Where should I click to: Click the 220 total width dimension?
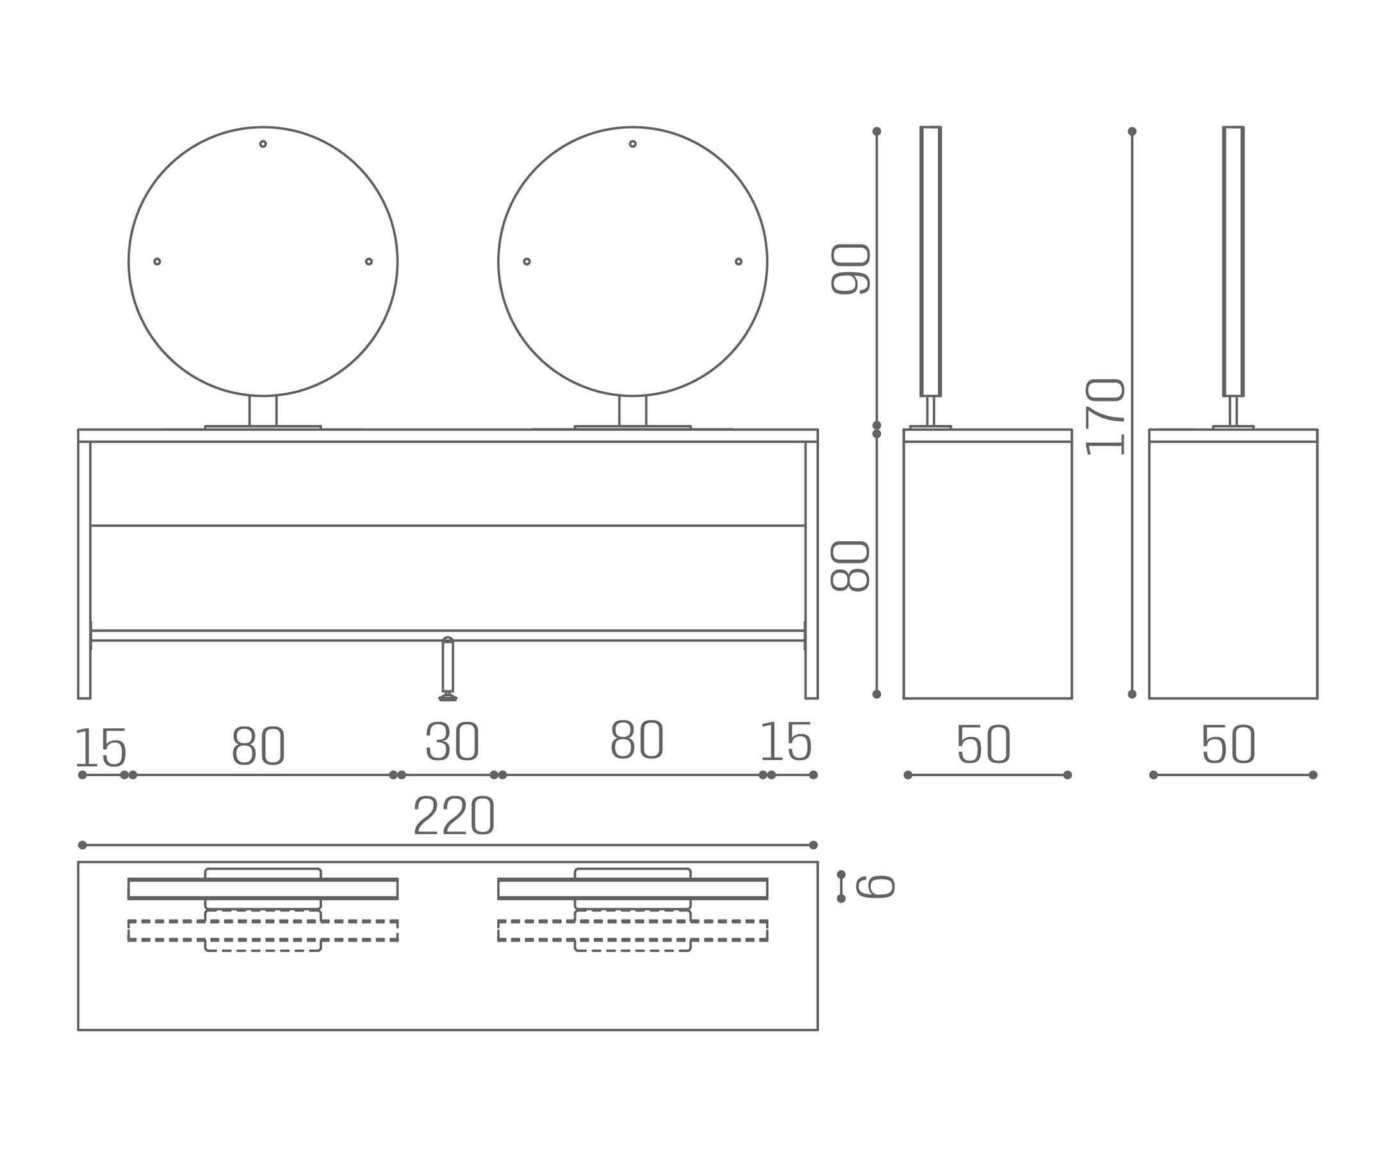454,815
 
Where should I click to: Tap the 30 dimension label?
452,741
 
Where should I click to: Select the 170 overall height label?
1106,417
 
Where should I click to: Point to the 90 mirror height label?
850,269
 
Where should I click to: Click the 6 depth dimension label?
875,886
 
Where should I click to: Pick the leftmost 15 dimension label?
101,748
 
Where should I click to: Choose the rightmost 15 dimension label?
787,741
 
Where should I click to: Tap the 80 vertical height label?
850,566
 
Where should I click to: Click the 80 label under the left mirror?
258,746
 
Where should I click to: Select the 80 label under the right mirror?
637,739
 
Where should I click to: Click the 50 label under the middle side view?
984,744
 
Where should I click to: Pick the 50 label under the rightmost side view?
1229,744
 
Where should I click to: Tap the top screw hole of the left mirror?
263,143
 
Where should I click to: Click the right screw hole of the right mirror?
739,261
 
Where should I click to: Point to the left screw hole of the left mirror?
157,261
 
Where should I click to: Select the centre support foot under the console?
448,669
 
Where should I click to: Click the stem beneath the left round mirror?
263,411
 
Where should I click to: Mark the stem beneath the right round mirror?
633,411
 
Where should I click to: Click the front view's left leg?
84,570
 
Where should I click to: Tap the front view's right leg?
812,570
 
